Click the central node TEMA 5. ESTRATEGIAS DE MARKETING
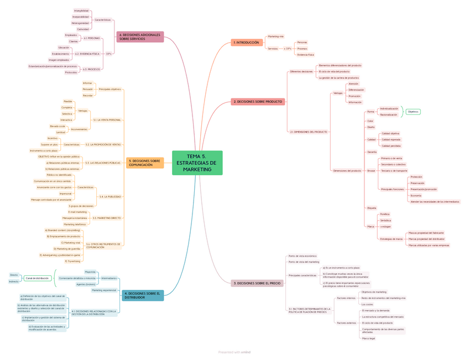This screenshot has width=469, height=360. click(197, 163)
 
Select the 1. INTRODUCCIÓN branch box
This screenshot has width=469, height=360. click(246, 43)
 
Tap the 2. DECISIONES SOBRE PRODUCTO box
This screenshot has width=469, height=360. click(258, 102)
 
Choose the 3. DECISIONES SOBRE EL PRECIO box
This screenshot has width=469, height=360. click(256, 283)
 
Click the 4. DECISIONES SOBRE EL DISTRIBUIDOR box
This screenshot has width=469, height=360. click(143, 295)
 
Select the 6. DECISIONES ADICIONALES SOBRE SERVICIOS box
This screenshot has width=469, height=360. click(140, 37)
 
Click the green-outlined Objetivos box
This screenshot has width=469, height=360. click(413, 112)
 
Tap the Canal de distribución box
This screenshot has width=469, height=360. click(37, 278)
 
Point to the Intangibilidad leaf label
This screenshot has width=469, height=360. click(81, 11)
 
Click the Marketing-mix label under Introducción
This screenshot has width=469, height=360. click(275, 36)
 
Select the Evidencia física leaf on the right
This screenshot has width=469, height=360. click(305, 55)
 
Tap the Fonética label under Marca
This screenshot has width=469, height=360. click(384, 214)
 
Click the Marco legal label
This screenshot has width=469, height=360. click(368, 338)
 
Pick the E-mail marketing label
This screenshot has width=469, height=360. click(77, 212)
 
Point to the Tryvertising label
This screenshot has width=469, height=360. click(73, 261)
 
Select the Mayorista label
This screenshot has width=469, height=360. click(90, 272)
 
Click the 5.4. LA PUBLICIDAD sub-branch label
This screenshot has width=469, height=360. click(110, 196)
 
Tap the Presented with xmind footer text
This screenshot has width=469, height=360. click(234, 352)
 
